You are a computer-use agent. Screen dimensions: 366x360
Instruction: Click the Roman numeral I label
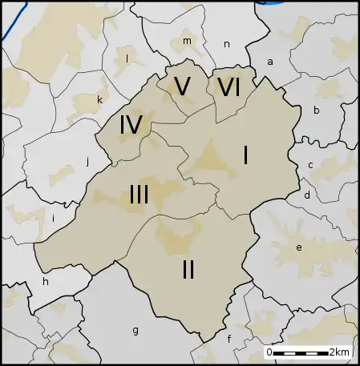click(245, 155)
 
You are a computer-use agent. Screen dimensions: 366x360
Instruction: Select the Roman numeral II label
click(188, 270)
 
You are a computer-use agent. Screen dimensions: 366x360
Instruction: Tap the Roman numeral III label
click(138, 194)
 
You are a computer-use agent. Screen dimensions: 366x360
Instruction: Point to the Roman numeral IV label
click(131, 125)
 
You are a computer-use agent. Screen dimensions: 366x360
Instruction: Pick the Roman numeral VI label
click(229, 86)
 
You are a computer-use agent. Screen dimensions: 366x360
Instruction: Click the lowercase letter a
click(270, 62)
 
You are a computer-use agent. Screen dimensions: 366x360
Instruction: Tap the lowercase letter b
click(317, 111)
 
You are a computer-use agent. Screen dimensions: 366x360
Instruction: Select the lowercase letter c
click(310, 166)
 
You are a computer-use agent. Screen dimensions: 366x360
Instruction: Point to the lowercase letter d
click(306, 195)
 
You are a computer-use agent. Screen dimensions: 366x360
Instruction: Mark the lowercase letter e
click(299, 247)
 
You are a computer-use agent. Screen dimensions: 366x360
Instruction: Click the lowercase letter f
click(229, 339)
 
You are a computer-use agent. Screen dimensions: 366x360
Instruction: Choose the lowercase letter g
click(135, 329)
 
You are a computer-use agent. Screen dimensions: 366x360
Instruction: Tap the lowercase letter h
click(46, 282)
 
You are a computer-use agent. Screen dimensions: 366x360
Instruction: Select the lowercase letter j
click(87, 161)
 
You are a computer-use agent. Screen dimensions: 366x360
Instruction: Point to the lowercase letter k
click(99, 99)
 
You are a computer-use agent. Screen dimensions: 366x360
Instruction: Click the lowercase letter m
click(187, 41)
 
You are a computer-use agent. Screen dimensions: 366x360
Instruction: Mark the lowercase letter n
click(227, 44)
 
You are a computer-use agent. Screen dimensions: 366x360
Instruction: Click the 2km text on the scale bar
click(339, 352)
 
